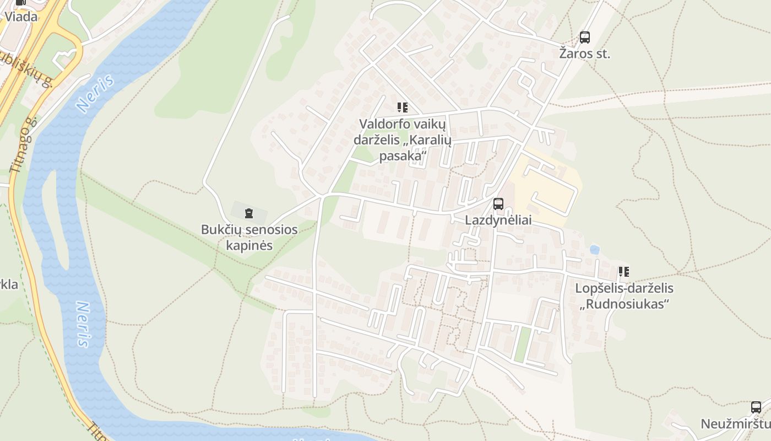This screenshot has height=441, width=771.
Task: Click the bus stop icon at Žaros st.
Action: (584, 37)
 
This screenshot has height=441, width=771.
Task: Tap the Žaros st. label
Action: (584, 54)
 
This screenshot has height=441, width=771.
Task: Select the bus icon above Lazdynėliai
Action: (498, 204)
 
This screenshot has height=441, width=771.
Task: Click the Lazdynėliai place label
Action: (498, 220)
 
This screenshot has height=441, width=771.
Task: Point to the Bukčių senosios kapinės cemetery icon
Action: (249, 213)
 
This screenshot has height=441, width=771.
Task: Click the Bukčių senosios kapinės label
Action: (249, 237)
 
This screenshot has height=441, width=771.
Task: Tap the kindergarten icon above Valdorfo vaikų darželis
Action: (403, 107)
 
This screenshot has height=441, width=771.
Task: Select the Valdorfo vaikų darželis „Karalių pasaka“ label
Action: (403, 140)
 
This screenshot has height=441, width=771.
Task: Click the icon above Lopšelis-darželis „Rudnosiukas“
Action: (624, 271)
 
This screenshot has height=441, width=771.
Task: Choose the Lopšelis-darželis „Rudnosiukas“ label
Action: (624, 295)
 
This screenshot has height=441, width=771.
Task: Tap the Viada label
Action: (21, 17)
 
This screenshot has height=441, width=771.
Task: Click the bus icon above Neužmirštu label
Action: (756, 407)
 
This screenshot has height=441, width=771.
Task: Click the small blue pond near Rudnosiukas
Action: (594, 250)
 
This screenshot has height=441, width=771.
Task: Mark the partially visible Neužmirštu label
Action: (736, 424)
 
